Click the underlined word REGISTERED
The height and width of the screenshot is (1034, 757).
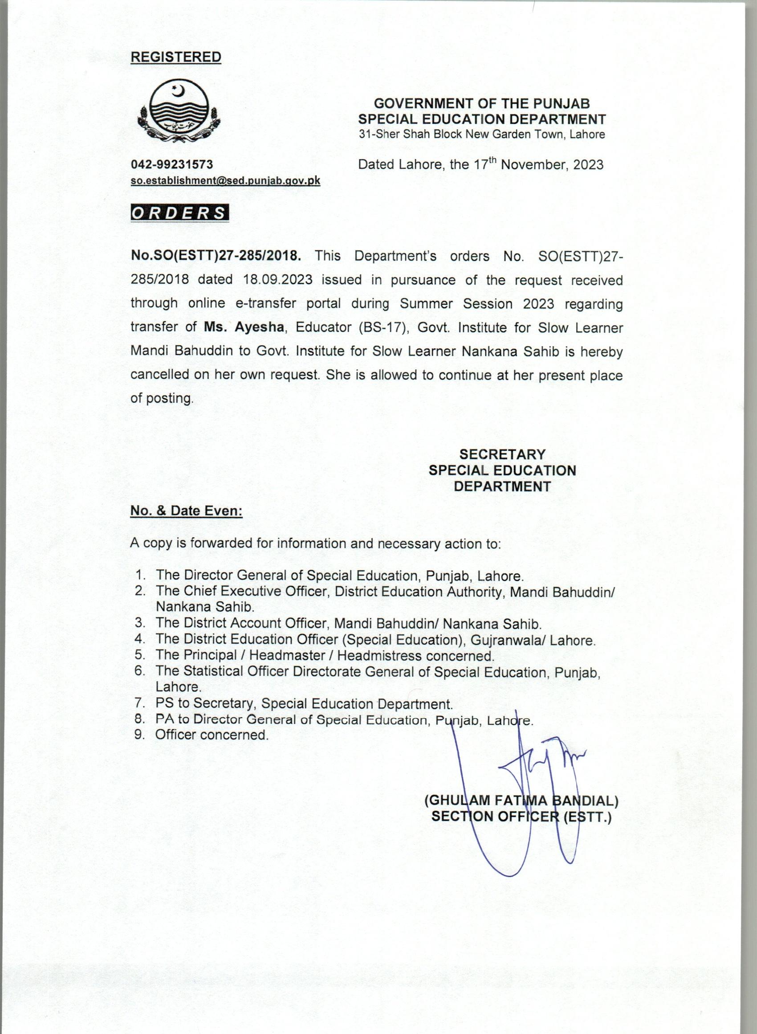coord(175,57)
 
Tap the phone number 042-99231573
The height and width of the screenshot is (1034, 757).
coord(172,164)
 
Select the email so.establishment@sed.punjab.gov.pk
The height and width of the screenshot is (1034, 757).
coord(225,180)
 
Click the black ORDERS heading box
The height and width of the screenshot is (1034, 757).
coord(179,213)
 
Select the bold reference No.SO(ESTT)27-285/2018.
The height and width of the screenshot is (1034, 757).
coord(216,256)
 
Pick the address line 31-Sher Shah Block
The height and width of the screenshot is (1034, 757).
coord(481,134)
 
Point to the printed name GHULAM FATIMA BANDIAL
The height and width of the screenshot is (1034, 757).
coord(521,801)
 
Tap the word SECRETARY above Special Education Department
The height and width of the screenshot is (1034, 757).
coord(502,454)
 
